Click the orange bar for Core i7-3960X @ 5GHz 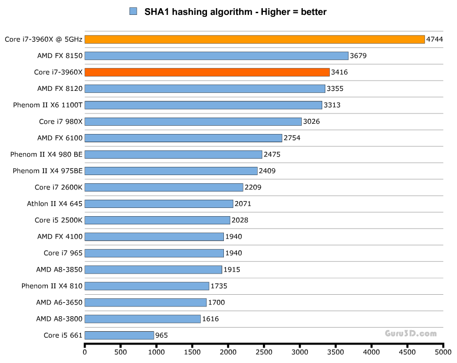click(255, 40)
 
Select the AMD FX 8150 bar click(216, 56)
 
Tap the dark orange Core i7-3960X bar click(207, 72)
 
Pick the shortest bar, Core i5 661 click(119, 335)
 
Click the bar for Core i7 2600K click(164, 187)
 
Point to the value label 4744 click(435, 40)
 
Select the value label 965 click(162, 335)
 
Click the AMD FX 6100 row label click(60, 138)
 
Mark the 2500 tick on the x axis click(264, 353)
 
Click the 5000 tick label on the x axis click(443, 353)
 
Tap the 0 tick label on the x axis click(85, 353)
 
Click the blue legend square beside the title click(134, 11)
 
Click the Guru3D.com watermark click(411, 333)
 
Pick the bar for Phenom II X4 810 click(147, 286)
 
